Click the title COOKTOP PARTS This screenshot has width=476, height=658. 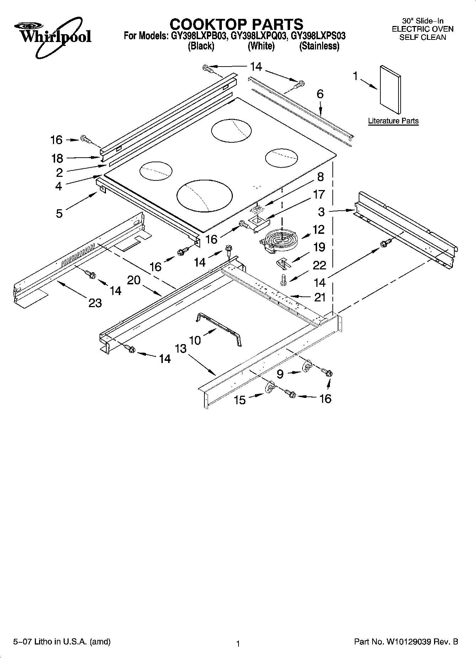pyautogui.click(x=236, y=24)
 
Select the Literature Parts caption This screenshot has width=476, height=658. pyautogui.click(x=393, y=121)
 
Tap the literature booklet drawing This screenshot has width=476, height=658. pyautogui.click(x=390, y=86)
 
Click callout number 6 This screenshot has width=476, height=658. pyautogui.click(x=320, y=94)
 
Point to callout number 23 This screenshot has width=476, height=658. pyautogui.click(x=95, y=303)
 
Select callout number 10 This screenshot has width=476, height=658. pyautogui.click(x=195, y=340)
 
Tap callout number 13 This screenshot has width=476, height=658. pyautogui.click(x=181, y=348)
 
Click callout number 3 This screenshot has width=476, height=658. pyautogui.click(x=321, y=212)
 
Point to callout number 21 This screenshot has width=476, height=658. pyautogui.click(x=320, y=297)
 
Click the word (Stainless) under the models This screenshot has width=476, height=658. pyautogui.click(x=319, y=46)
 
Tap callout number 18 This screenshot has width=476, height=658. pyautogui.click(x=57, y=158)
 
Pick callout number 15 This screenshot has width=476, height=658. pyautogui.click(x=240, y=400)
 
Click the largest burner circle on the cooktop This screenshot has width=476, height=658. pyautogui.click(x=204, y=195)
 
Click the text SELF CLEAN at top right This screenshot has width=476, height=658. pyautogui.click(x=423, y=37)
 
